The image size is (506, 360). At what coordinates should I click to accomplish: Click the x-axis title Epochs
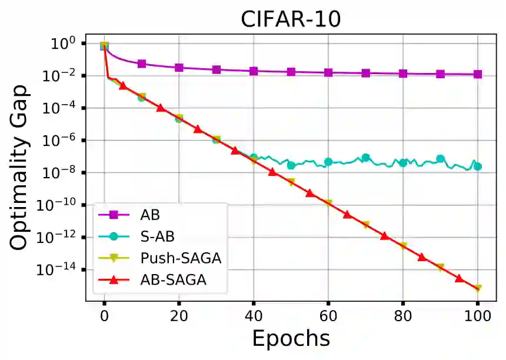tap(291, 339)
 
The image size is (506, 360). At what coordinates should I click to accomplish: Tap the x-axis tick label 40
tap(253, 315)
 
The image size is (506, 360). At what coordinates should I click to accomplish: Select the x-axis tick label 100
tap(477, 315)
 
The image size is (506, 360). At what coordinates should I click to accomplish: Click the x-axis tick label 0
tap(104, 315)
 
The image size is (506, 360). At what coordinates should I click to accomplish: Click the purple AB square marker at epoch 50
tap(291, 72)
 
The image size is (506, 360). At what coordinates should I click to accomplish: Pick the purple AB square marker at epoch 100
tap(477, 74)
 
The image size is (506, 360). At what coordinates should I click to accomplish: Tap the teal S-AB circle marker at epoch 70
tap(365, 158)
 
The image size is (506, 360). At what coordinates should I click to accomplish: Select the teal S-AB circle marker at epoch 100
tap(477, 166)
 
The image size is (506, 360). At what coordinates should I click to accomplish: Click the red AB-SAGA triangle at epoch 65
tap(347, 214)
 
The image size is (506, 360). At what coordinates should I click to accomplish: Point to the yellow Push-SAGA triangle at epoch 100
tap(477, 289)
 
